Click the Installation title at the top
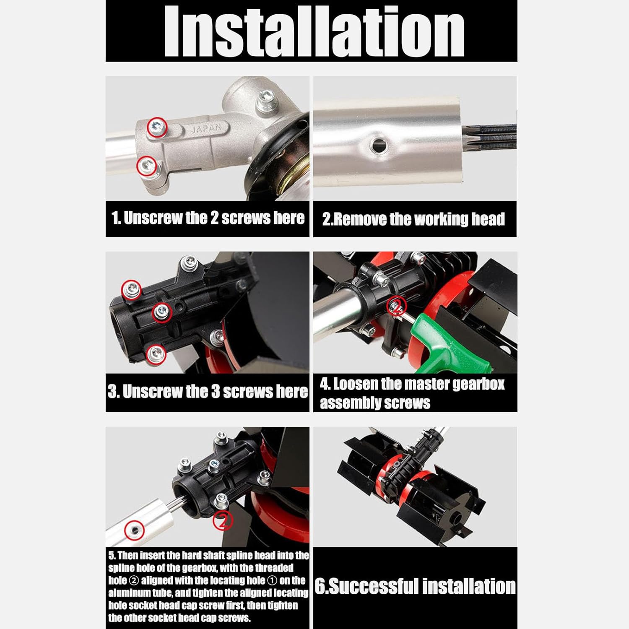click(x=314, y=31)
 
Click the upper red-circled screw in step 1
click(x=157, y=127)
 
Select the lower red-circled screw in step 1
click(x=147, y=166)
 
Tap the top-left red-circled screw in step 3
click(x=131, y=289)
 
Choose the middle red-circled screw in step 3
click(x=161, y=312)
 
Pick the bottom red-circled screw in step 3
click(x=156, y=354)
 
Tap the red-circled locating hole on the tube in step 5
click(x=135, y=530)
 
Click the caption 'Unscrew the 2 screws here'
click(x=208, y=218)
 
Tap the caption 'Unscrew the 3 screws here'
click(x=208, y=392)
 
